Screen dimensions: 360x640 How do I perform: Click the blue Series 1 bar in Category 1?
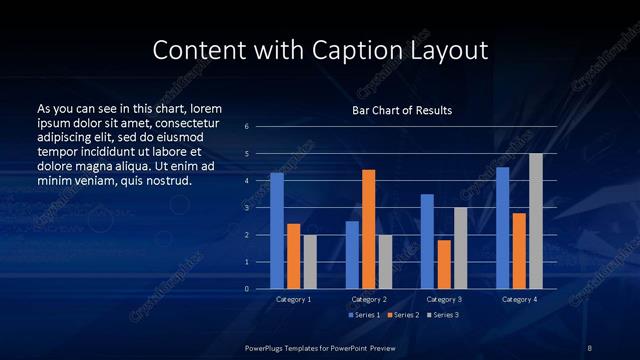[x=277, y=231]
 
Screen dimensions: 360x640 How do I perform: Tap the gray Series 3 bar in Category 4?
[x=536, y=221]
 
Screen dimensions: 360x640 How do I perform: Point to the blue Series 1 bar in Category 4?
[x=502, y=228]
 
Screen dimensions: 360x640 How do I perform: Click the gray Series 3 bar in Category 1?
[x=310, y=262]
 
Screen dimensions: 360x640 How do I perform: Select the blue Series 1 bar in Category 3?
[x=427, y=241]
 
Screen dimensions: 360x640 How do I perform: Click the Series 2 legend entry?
[x=398, y=314]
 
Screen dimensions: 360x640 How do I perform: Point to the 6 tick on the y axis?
[x=247, y=127]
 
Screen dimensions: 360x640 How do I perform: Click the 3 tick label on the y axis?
[x=247, y=208]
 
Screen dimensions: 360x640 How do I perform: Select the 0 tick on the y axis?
[x=247, y=289]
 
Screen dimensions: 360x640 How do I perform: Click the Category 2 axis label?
[x=368, y=299]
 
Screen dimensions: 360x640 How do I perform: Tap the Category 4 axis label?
[x=519, y=299]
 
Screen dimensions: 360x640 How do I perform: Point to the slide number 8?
[x=589, y=346]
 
